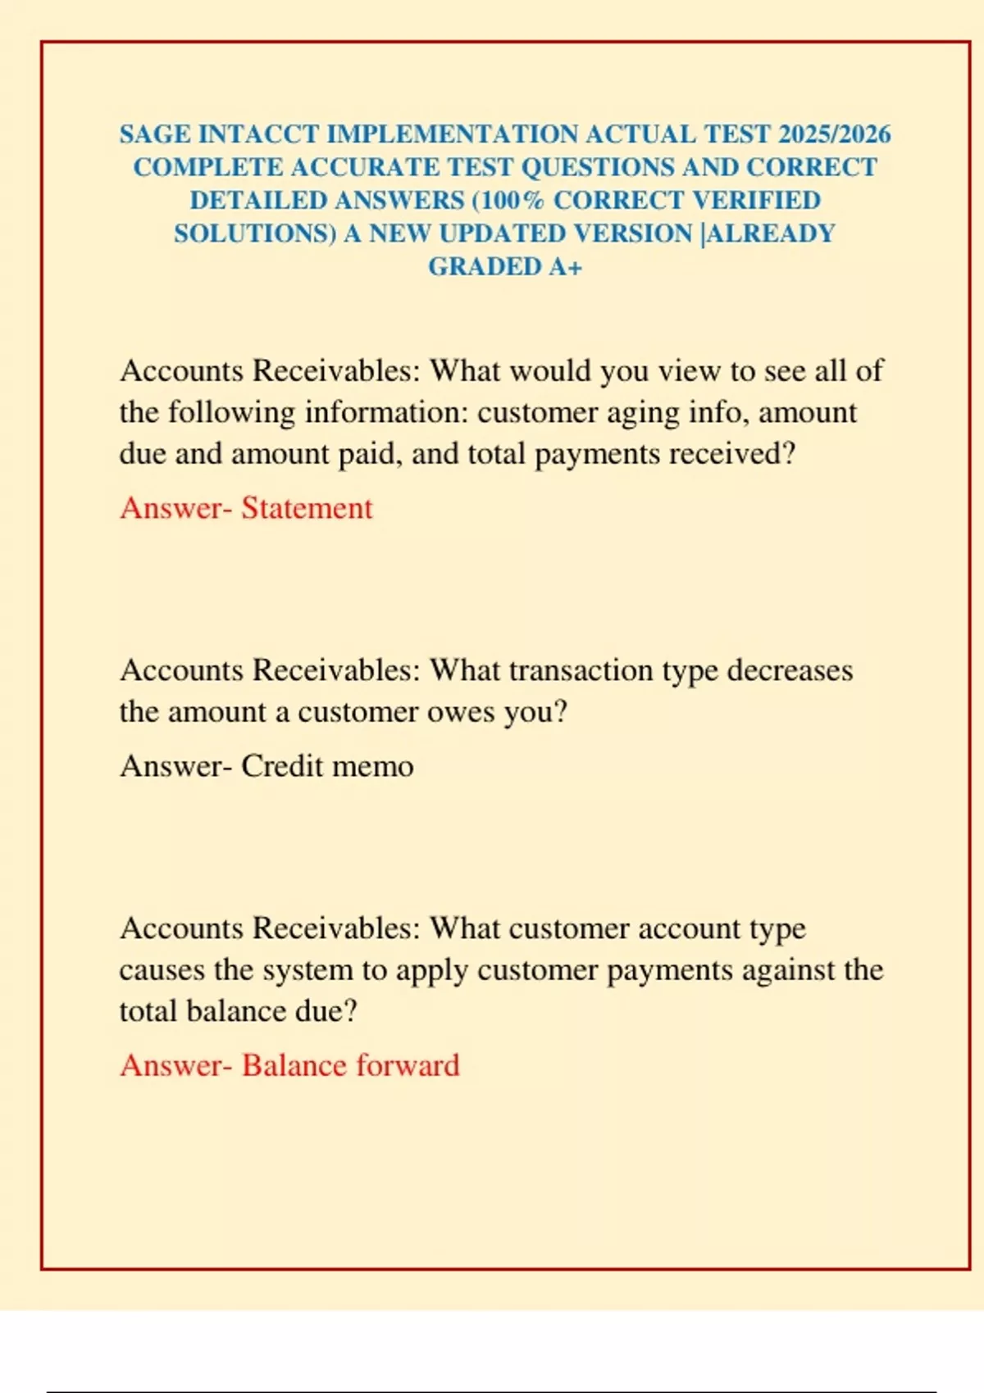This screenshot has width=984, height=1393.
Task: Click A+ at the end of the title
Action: click(565, 267)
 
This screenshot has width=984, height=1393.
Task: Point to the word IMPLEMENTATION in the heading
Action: click(453, 134)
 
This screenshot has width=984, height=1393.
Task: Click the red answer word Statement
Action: click(307, 509)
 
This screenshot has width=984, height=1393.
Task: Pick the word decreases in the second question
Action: click(790, 671)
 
